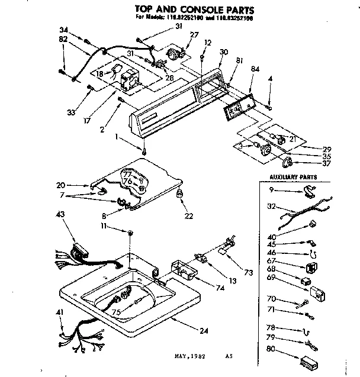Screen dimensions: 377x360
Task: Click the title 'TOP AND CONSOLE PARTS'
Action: coord(186,9)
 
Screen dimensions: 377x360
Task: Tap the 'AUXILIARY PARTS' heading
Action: coord(293,177)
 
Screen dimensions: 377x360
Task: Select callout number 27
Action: coord(194,36)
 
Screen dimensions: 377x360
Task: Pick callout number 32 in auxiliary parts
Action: coord(271,207)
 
